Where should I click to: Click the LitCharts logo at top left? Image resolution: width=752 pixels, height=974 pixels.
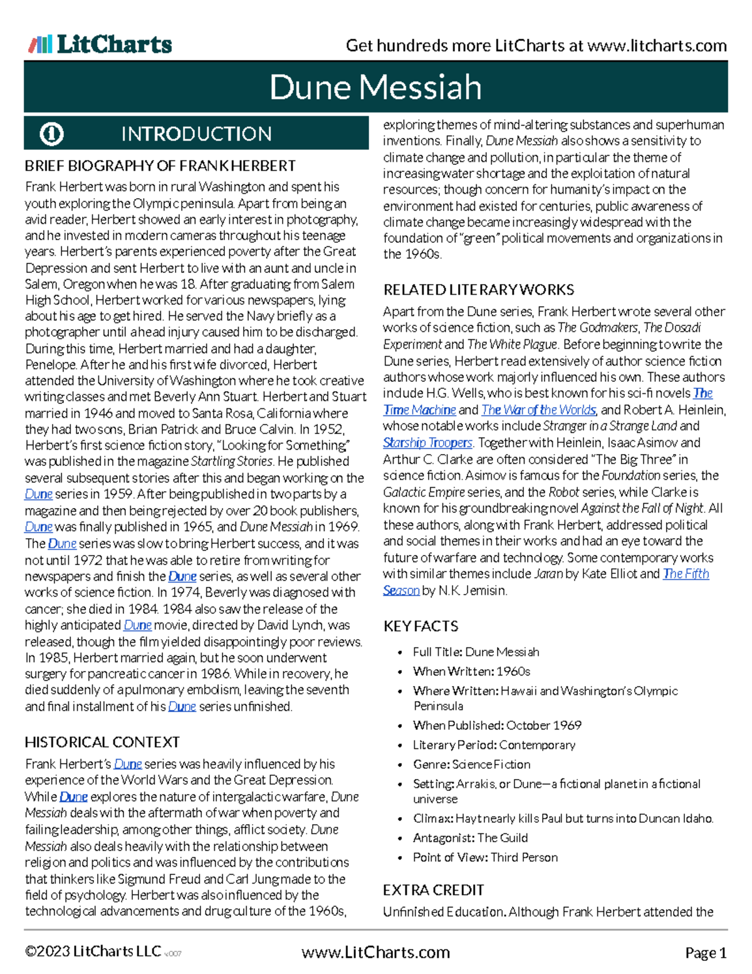[x=100, y=45]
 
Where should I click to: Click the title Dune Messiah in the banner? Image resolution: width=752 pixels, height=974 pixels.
[x=375, y=87]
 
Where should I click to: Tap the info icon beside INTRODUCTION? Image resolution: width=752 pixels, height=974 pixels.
[x=51, y=134]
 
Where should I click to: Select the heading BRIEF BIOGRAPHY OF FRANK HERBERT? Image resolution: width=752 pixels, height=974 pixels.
[x=160, y=166]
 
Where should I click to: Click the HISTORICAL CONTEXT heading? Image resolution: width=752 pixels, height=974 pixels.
[x=102, y=743]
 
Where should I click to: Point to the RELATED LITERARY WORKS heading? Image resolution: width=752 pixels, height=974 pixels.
[x=479, y=290]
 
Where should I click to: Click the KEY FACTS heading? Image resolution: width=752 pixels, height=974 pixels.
[x=420, y=626]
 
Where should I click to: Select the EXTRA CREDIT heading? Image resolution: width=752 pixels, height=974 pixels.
[x=434, y=891]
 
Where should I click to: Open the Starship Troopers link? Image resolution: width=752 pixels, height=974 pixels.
[x=428, y=443]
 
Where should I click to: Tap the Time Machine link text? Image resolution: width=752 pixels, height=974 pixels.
[x=419, y=410]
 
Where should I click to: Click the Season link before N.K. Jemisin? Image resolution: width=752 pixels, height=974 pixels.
[x=401, y=591]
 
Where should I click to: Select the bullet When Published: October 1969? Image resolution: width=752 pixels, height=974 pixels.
[x=497, y=726]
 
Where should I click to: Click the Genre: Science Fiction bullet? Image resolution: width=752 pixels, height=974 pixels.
[x=472, y=765]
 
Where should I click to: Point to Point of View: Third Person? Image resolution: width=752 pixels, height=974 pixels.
[x=485, y=857]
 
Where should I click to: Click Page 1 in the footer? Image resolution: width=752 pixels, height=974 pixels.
[x=706, y=953]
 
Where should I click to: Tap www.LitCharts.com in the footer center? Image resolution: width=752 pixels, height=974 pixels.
[x=375, y=953]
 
